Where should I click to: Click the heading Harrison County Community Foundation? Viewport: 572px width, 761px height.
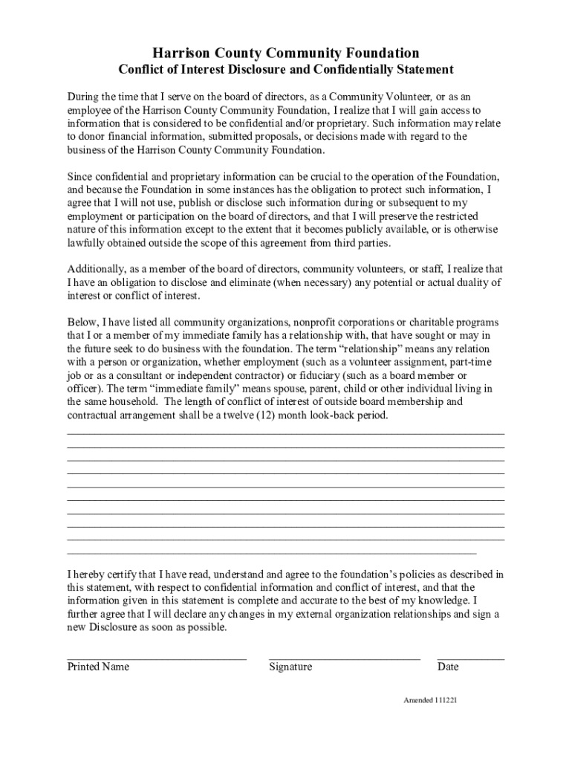tap(286, 53)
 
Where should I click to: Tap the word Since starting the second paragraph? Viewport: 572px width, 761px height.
tap(81, 176)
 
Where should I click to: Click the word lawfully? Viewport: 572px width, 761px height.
tap(88, 243)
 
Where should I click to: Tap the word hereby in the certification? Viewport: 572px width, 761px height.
tap(91, 574)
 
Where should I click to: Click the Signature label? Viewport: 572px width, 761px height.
tap(290, 667)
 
